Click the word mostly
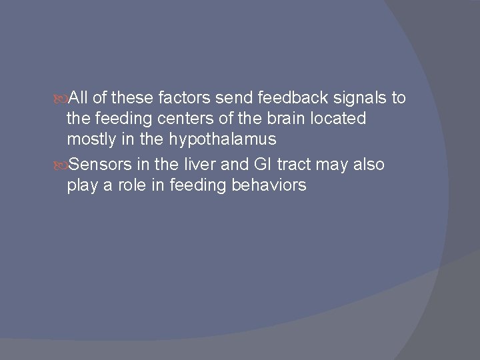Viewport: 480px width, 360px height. [x=89, y=141]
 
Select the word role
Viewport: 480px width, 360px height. [x=127, y=185]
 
